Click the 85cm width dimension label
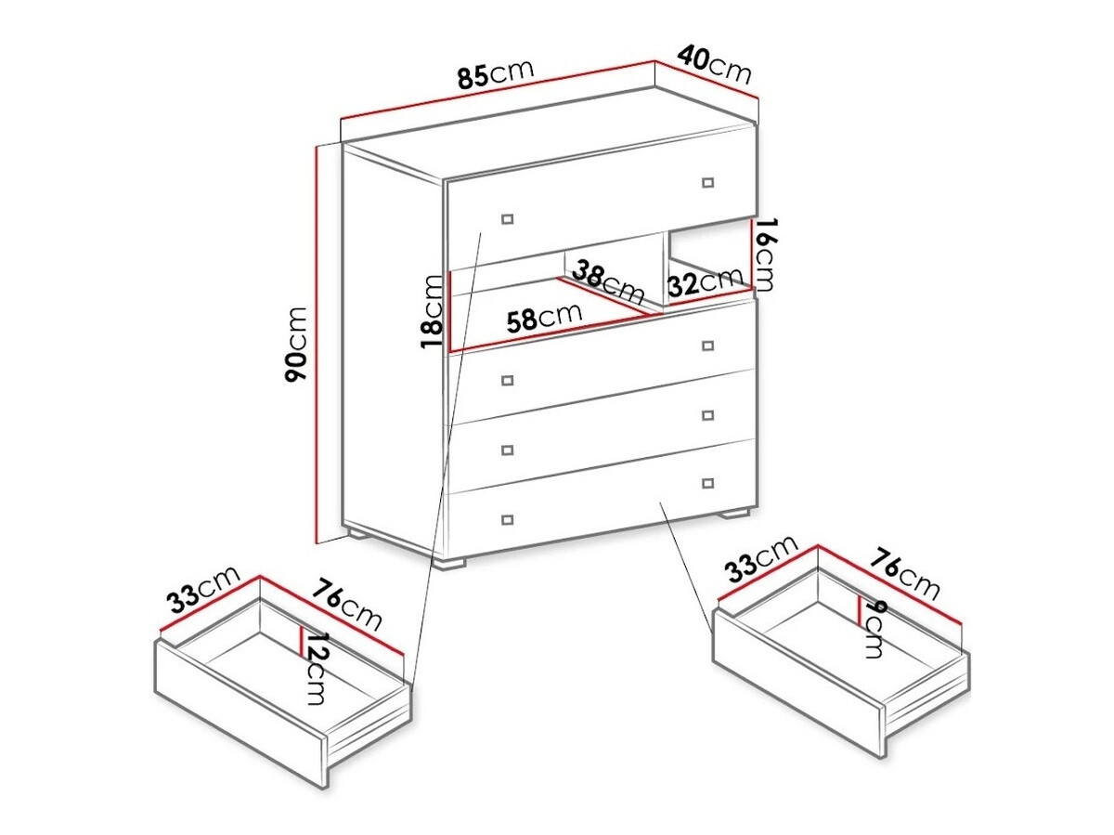496,74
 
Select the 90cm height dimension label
296,344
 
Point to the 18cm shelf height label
432,311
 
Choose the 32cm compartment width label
706,282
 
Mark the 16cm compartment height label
765,253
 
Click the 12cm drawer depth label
316,669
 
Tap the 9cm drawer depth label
872,630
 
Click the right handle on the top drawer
708,182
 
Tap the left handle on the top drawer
507,218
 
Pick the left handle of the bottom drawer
507,517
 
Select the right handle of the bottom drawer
708,483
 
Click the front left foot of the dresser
452,561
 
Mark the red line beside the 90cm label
317,344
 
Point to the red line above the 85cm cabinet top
498,90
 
